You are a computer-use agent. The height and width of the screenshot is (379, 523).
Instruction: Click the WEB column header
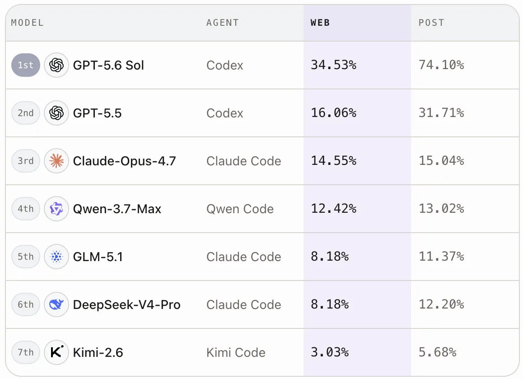pos(320,23)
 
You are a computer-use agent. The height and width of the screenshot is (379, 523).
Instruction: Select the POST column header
pos(431,23)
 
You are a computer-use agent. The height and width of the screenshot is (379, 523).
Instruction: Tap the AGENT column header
pos(223,23)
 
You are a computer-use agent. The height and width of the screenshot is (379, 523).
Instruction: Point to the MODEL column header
pos(28,23)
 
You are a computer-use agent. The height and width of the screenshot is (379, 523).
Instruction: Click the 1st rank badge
pos(26,65)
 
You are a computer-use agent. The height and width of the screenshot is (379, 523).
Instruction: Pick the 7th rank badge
pos(26,352)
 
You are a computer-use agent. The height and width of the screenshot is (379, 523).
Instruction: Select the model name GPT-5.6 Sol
pos(108,65)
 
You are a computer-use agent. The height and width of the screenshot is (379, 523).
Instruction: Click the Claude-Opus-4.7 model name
pos(124,161)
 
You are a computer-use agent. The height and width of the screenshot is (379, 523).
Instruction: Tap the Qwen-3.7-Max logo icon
pos(56,209)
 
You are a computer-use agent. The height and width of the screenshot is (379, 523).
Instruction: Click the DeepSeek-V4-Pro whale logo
pos(56,304)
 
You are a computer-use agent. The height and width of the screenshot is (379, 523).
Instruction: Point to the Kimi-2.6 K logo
pos(56,352)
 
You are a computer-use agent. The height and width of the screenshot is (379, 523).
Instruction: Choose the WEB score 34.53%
pos(334,65)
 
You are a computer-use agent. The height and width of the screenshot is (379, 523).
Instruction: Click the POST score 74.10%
pos(441,65)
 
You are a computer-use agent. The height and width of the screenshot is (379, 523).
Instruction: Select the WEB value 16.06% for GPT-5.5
pos(334,113)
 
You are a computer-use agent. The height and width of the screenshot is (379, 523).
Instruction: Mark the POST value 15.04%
pos(441,161)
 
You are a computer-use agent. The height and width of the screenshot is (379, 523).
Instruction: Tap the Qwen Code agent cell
pos(240,209)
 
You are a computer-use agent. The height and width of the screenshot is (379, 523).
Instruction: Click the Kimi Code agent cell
pos(236,352)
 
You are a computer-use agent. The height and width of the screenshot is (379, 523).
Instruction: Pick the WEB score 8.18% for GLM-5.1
pos(330,257)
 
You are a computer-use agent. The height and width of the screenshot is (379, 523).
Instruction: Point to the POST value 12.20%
pos(441,304)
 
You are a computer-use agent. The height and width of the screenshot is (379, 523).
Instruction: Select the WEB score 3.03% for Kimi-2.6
pos(330,352)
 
